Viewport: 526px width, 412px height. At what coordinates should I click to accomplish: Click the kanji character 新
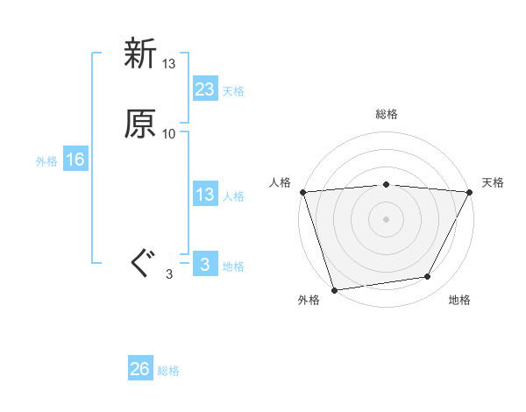pyautogui.click(x=139, y=54)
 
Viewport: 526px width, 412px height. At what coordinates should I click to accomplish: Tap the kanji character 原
pyautogui.click(x=139, y=124)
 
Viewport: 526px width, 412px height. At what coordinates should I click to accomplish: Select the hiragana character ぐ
pyautogui.click(x=140, y=264)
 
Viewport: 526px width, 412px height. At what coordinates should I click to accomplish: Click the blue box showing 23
pyautogui.click(x=204, y=89)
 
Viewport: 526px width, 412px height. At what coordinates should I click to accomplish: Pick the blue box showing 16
pyautogui.click(x=75, y=160)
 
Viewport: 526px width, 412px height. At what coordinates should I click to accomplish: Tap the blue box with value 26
pyautogui.click(x=139, y=369)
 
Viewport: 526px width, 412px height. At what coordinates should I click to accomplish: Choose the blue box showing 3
pyautogui.click(x=204, y=265)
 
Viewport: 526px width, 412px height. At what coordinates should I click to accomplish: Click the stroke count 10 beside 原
pyautogui.click(x=168, y=134)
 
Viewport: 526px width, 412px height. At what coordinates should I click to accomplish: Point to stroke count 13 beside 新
pyautogui.click(x=168, y=64)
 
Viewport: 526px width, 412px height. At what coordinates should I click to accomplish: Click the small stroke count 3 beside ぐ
pyautogui.click(x=169, y=274)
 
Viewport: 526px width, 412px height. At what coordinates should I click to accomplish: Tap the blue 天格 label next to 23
pyautogui.click(x=233, y=91)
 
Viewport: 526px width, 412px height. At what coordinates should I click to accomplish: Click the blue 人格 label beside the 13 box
pyautogui.click(x=233, y=196)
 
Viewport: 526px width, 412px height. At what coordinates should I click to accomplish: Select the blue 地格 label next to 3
pyautogui.click(x=233, y=266)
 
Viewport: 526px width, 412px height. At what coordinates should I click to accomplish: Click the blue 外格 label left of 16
pyautogui.click(x=46, y=161)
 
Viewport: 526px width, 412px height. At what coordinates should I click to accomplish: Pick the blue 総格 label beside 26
pyautogui.click(x=168, y=371)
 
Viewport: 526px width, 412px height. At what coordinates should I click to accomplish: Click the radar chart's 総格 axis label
pyautogui.click(x=386, y=114)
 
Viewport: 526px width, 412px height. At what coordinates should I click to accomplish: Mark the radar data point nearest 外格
pyautogui.click(x=334, y=289)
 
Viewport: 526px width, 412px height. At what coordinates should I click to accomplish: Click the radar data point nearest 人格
pyautogui.click(x=302, y=192)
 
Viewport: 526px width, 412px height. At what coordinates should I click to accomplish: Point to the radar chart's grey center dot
pyautogui.click(x=386, y=218)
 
